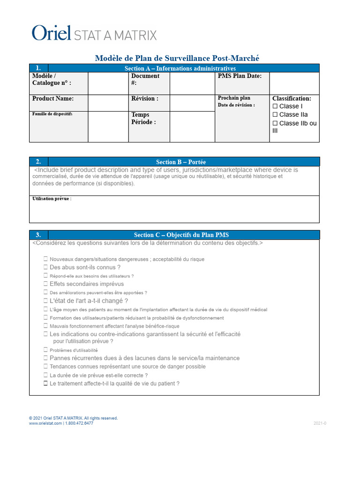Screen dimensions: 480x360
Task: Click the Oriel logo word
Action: pyautogui.click(x=51, y=33)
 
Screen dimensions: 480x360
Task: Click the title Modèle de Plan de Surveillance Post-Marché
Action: pyautogui.click(x=177, y=58)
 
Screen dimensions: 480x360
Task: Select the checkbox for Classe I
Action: pyautogui.click(x=275, y=106)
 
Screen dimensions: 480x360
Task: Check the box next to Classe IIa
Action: pyautogui.click(x=275, y=115)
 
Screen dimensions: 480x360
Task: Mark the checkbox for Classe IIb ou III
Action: pyautogui.click(x=275, y=123)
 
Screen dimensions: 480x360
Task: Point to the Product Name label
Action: pyautogui.click(x=53, y=98)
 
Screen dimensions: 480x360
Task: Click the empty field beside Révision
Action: pyautogui.click(x=192, y=103)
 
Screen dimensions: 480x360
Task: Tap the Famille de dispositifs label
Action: pyautogui.click(x=52, y=114)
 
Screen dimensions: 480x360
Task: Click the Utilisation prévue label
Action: pyautogui.click(x=52, y=199)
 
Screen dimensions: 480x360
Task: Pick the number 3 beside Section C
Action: pyautogui.click(x=38, y=235)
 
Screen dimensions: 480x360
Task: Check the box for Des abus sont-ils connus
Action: pyautogui.click(x=46, y=267)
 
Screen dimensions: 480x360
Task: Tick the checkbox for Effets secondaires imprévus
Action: pyautogui.click(x=46, y=284)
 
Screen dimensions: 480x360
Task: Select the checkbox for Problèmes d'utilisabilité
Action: pyautogui.click(x=46, y=350)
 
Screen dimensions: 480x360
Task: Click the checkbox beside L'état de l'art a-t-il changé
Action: pyautogui.click(x=46, y=300)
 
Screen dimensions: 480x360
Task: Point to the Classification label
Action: pyautogui.click(x=292, y=98)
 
